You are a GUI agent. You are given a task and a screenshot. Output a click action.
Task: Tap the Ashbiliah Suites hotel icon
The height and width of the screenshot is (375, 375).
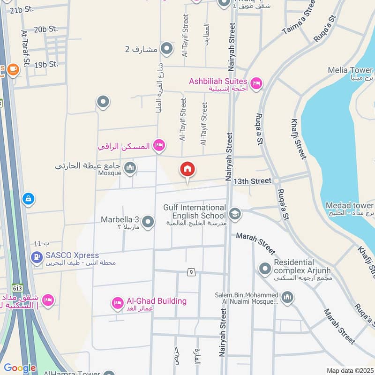(256, 84)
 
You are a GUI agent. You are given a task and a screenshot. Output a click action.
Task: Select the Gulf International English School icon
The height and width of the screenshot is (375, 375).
(235, 214)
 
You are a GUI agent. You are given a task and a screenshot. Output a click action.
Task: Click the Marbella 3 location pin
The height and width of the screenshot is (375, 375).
(148, 222)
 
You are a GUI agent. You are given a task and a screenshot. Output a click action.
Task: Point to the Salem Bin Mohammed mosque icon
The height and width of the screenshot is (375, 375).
(287, 297)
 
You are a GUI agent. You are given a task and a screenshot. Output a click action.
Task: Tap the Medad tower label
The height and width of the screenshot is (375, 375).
(350, 206)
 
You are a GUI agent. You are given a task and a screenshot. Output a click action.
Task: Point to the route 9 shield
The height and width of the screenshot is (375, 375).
(191, 272)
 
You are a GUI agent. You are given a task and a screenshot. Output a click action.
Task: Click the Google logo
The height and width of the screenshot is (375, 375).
(20, 368)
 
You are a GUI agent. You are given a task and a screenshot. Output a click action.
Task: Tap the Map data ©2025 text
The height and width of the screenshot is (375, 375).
(350, 370)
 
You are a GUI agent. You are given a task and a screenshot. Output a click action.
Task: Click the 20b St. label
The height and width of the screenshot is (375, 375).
(46, 30)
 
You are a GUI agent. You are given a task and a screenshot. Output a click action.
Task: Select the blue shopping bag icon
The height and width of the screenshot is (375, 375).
(29, 199)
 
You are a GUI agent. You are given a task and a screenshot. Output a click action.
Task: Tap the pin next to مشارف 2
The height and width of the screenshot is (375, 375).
(166, 48)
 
